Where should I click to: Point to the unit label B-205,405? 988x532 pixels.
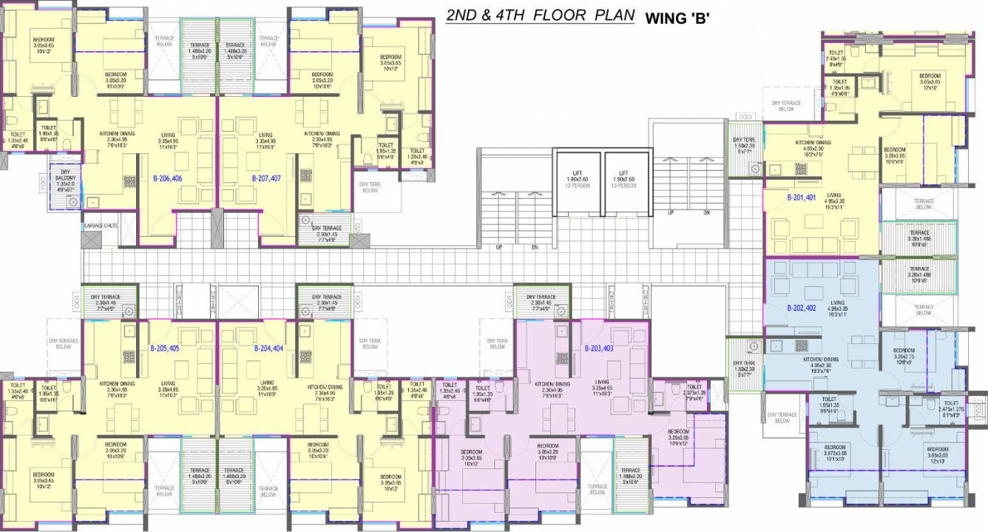[x=165, y=348]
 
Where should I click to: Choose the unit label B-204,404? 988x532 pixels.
[x=268, y=348]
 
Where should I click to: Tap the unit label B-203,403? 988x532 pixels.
[x=598, y=348]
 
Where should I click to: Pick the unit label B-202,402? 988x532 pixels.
[x=801, y=308]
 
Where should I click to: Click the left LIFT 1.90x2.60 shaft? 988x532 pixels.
[x=578, y=182]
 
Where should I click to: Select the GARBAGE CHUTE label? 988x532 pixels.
[x=100, y=225]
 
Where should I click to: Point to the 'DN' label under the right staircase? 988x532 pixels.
[x=707, y=212]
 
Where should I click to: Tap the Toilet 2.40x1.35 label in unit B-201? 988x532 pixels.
[x=836, y=56]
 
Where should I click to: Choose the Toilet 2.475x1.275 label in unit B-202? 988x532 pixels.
[x=951, y=408]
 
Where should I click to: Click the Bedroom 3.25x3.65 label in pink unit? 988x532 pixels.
[x=679, y=435]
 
